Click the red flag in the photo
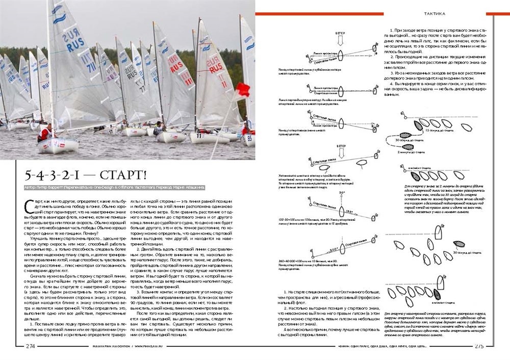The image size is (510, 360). point(242,90)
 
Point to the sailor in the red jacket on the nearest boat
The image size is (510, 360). point(45,133)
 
